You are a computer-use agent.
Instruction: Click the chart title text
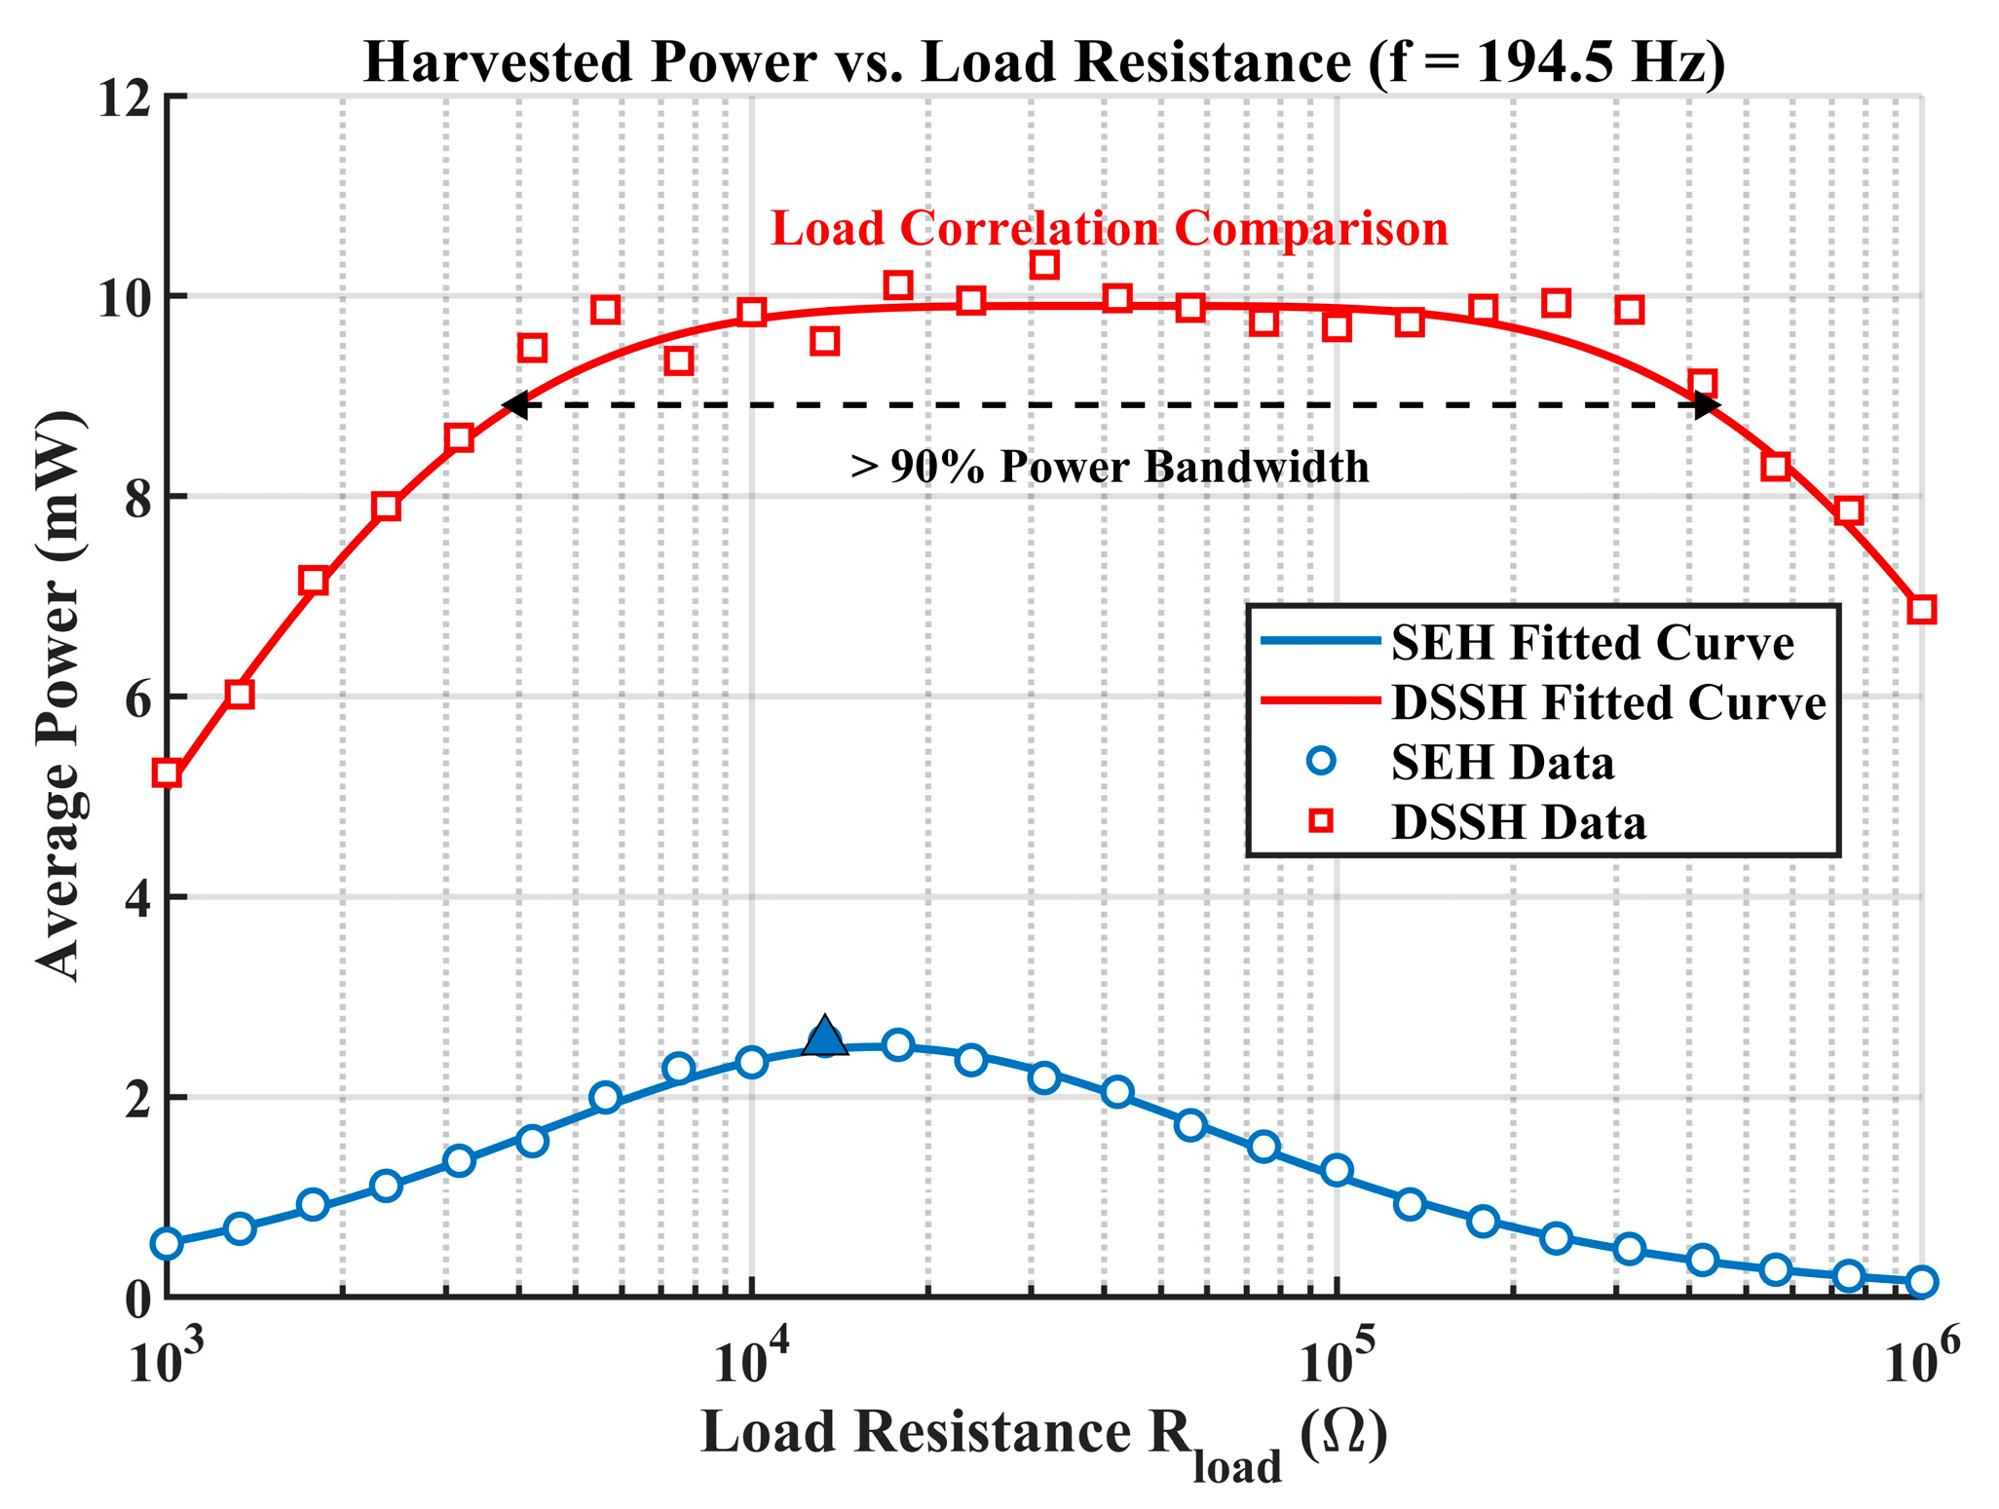tap(1044, 62)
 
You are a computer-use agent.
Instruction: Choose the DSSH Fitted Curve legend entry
tap(1545, 702)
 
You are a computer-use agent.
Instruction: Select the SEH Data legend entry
tap(1461, 762)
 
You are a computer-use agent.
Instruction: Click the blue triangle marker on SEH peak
tap(825, 1035)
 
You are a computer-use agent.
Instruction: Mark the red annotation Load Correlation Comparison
tap(1110, 229)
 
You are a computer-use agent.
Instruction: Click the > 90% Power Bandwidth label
tap(1110, 467)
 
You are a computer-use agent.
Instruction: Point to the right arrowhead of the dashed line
tap(1707, 405)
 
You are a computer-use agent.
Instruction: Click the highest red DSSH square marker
tap(1044, 264)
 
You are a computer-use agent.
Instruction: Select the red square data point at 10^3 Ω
tap(168, 773)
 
